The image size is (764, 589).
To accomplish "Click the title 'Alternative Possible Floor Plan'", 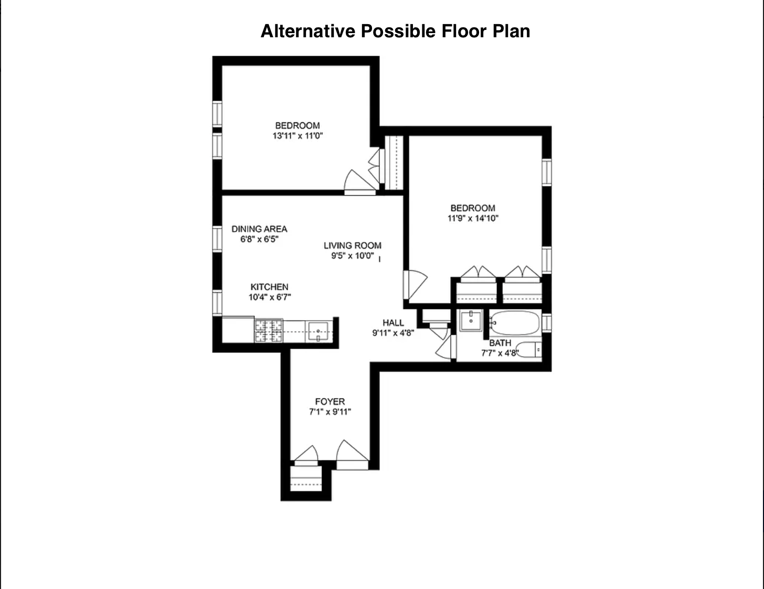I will [395, 31].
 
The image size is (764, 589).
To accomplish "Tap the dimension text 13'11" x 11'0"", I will [298, 136].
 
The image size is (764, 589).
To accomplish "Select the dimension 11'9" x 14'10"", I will [473, 218].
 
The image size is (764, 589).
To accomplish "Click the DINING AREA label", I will [259, 229].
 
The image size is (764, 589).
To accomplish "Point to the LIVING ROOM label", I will [352, 245].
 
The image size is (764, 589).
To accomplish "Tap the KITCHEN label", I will [269, 287].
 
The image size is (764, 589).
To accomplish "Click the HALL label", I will [393, 323].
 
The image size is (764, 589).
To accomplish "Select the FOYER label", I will [330, 402].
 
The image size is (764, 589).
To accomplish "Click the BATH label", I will [500, 343].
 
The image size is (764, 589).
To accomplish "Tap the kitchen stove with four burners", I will [269, 330].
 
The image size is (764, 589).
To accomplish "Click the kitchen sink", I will [318, 331].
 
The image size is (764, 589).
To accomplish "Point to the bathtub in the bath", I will [515, 323].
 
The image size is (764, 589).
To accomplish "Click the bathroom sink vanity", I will [471, 320].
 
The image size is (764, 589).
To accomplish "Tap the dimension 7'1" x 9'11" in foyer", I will [330, 412].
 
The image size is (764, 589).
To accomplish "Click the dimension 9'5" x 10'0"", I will [352, 256].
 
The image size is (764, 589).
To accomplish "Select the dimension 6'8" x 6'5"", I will [259, 239].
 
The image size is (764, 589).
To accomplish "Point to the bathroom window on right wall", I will [547, 322].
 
